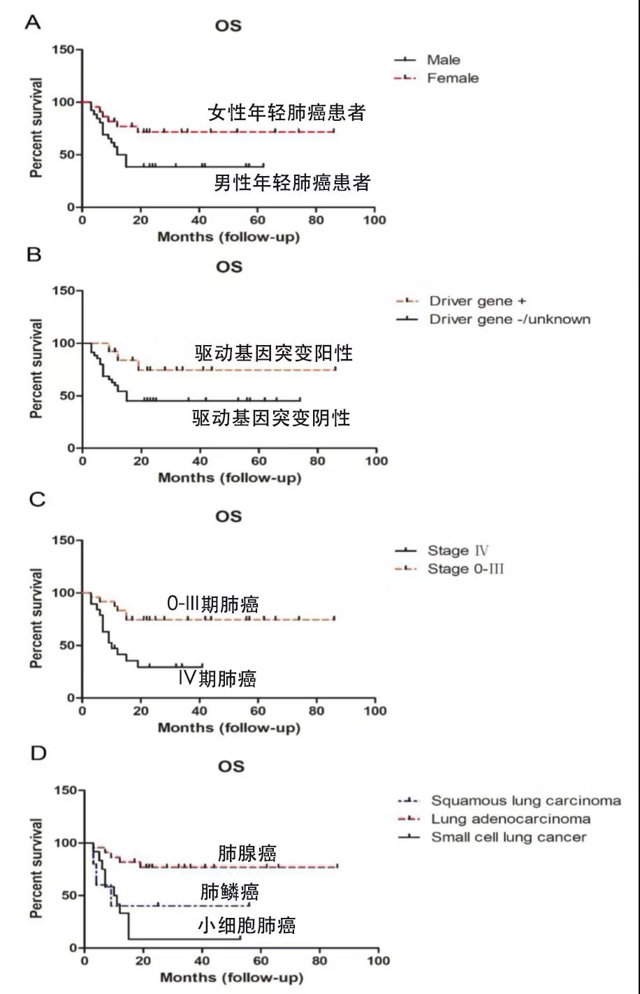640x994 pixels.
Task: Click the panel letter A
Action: coord(33,22)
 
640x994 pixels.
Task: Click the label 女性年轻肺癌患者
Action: coord(286,113)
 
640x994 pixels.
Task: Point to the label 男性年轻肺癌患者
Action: coord(292,183)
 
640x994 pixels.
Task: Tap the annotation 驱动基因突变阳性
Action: coord(273,353)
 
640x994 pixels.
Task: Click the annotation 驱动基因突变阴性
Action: coord(271,418)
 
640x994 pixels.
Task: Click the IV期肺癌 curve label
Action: coord(217,678)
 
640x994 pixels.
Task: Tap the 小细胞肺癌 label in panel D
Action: coord(246,926)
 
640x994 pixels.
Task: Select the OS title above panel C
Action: coord(228,516)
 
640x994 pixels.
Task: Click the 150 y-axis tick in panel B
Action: coord(64,291)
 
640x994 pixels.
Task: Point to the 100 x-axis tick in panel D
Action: coord(378,960)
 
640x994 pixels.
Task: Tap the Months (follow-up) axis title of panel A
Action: coord(228,237)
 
